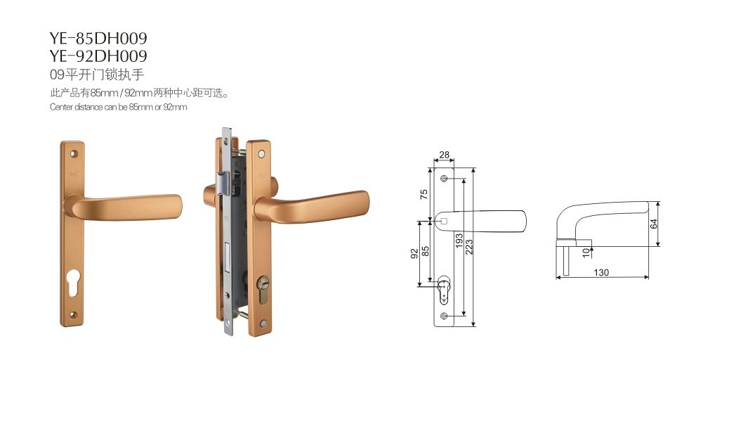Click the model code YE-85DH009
pyautogui.click(x=98, y=38)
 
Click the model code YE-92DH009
pyautogui.click(x=98, y=56)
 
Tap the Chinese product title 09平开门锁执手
pyautogui.click(x=97, y=75)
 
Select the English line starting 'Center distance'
pyautogui.click(x=118, y=107)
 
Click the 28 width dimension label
pyautogui.click(x=444, y=155)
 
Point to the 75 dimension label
pyautogui.click(x=423, y=194)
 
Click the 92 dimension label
pyautogui.click(x=414, y=254)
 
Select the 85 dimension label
pyautogui.click(x=425, y=252)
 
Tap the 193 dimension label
pyautogui.click(x=459, y=241)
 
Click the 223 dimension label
pyautogui.click(x=469, y=246)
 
